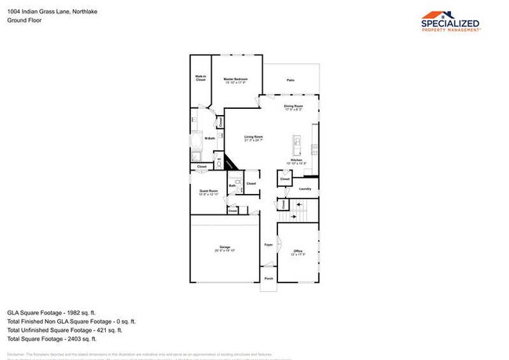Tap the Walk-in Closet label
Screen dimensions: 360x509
pos(200,78)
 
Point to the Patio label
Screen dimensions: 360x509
pos(291,80)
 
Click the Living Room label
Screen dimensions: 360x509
pos(253,138)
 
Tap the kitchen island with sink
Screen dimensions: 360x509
pos(297,145)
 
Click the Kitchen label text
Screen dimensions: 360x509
pos(297,160)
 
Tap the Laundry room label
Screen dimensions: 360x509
pos(305,189)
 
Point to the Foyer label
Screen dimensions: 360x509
pos(268,245)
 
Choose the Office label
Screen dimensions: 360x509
pos(298,251)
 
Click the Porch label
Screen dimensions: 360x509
pos(268,279)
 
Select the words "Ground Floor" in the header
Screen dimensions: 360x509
pos(23,20)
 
